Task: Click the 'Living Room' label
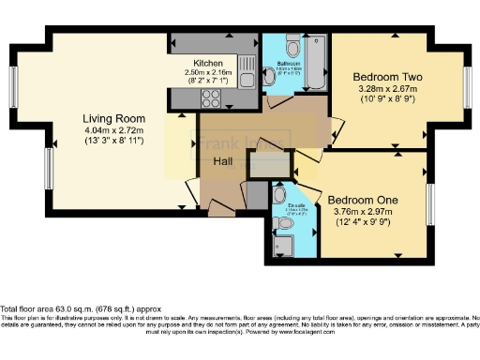coord(114,118)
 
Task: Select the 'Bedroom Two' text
coord(387,76)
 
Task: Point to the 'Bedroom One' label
coord(363,200)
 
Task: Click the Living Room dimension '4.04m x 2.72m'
coord(114,130)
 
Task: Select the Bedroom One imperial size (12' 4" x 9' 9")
coord(363,223)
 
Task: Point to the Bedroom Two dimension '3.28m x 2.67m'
coord(387,88)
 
